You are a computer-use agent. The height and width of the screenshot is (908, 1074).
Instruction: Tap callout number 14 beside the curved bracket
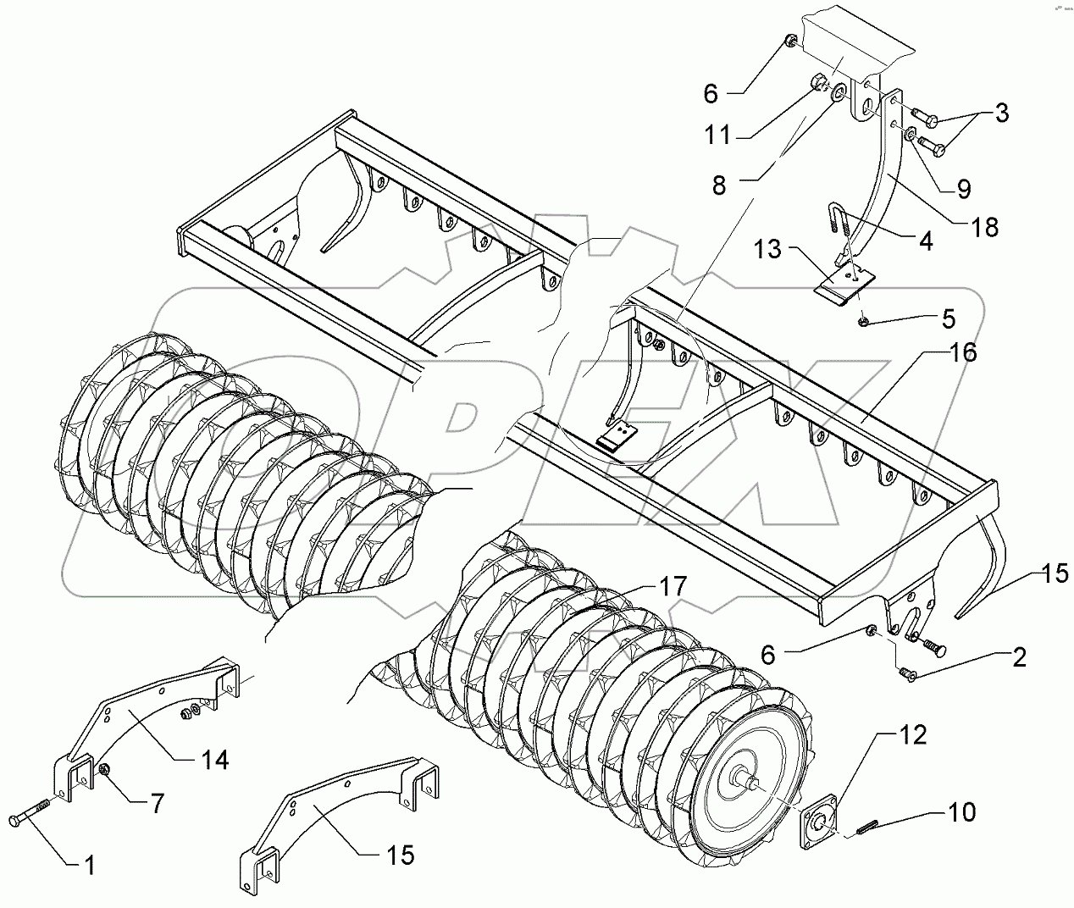click(215, 760)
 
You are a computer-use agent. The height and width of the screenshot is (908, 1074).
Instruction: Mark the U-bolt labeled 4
click(838, 220)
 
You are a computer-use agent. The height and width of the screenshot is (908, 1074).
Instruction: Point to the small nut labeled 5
click(861, 321)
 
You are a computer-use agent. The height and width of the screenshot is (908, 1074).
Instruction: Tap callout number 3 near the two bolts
click(1001, 113)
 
